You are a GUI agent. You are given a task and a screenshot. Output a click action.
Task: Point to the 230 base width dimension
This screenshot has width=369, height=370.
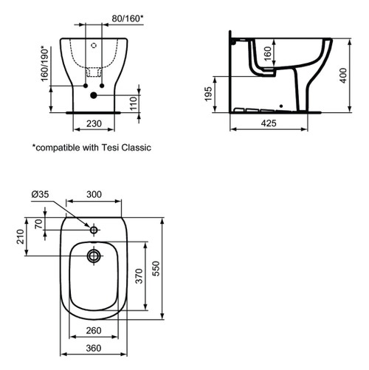tap(92, 124)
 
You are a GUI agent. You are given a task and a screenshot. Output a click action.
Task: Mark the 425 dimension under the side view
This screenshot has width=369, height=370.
tap(269, 124)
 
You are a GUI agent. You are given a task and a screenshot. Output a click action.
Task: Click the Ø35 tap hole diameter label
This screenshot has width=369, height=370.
tap(41, 195)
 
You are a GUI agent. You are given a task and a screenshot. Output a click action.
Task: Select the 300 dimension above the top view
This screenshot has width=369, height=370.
tap(94, 194)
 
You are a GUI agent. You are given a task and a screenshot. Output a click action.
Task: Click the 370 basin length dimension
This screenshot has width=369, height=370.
tap(137, 276)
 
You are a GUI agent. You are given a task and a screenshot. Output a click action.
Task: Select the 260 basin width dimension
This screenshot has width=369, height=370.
tap(94, 331)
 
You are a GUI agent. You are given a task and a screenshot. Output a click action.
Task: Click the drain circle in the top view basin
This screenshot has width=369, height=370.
tap(94, 256)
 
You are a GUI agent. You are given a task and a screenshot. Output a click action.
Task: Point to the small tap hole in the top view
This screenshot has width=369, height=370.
tap(94, 230)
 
